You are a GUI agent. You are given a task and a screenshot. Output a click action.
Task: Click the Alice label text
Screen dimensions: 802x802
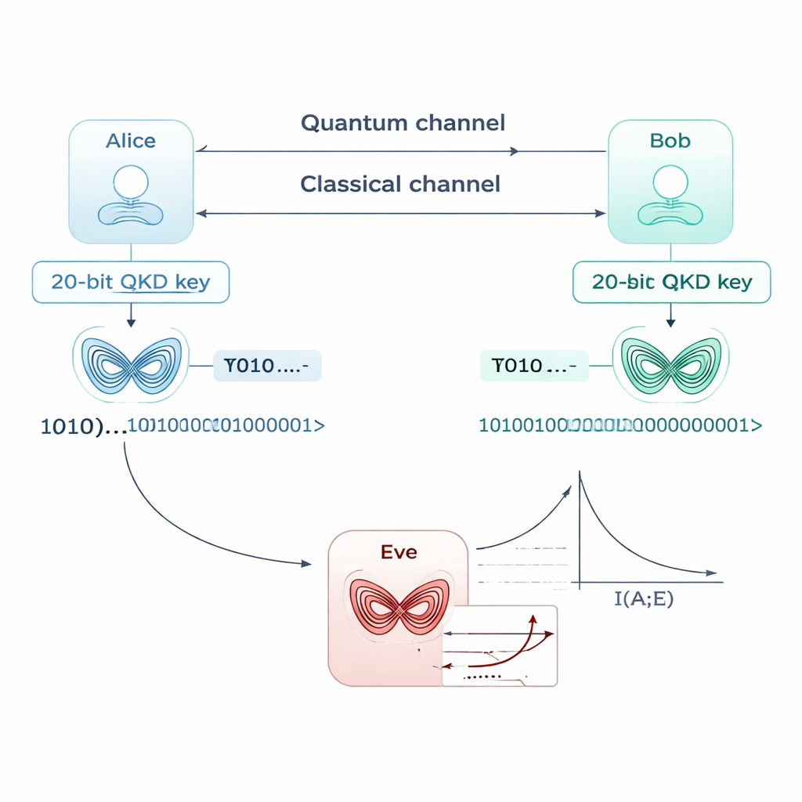tap(131, 141)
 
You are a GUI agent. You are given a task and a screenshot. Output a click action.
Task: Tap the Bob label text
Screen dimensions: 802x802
tap(670, 141)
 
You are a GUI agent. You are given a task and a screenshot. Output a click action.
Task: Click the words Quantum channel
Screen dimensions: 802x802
tap(403, 123)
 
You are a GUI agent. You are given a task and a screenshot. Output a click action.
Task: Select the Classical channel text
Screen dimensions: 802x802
tap(399, 184)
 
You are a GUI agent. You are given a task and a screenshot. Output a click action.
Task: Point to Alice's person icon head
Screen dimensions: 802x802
tap(131, 182)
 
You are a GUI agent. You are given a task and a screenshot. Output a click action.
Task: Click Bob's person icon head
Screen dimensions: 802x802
tap(670, 182)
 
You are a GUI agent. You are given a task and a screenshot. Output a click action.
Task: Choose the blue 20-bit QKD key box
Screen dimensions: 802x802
tap(131, 282)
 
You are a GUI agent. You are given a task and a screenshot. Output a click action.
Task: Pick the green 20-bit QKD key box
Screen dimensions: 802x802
tap(671, 282)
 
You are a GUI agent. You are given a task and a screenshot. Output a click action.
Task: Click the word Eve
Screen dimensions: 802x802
tap(399, 552)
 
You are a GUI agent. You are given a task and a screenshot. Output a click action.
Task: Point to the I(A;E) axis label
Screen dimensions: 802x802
tap(644, 601)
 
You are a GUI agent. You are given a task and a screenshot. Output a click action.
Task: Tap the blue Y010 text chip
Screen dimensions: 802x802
tap(267, 366)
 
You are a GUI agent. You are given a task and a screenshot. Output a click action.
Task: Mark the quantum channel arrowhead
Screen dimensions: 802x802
tap(515, 151)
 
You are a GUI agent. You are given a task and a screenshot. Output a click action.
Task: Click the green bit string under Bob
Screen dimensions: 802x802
tap(619, 425)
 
